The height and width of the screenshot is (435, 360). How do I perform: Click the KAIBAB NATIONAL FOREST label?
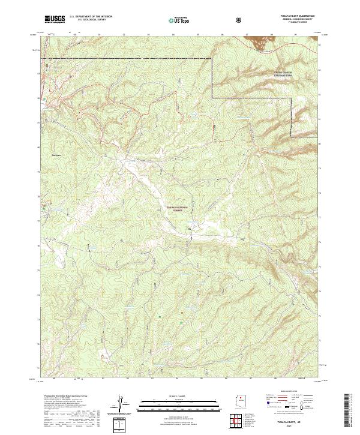178,208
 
